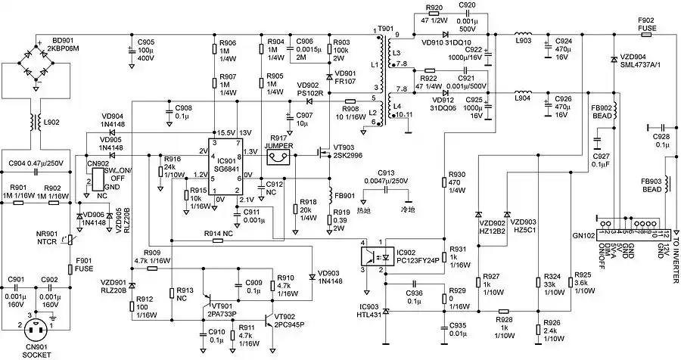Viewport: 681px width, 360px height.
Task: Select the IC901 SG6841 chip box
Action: click(225, 169)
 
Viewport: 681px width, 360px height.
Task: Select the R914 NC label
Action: click(217, 234)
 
